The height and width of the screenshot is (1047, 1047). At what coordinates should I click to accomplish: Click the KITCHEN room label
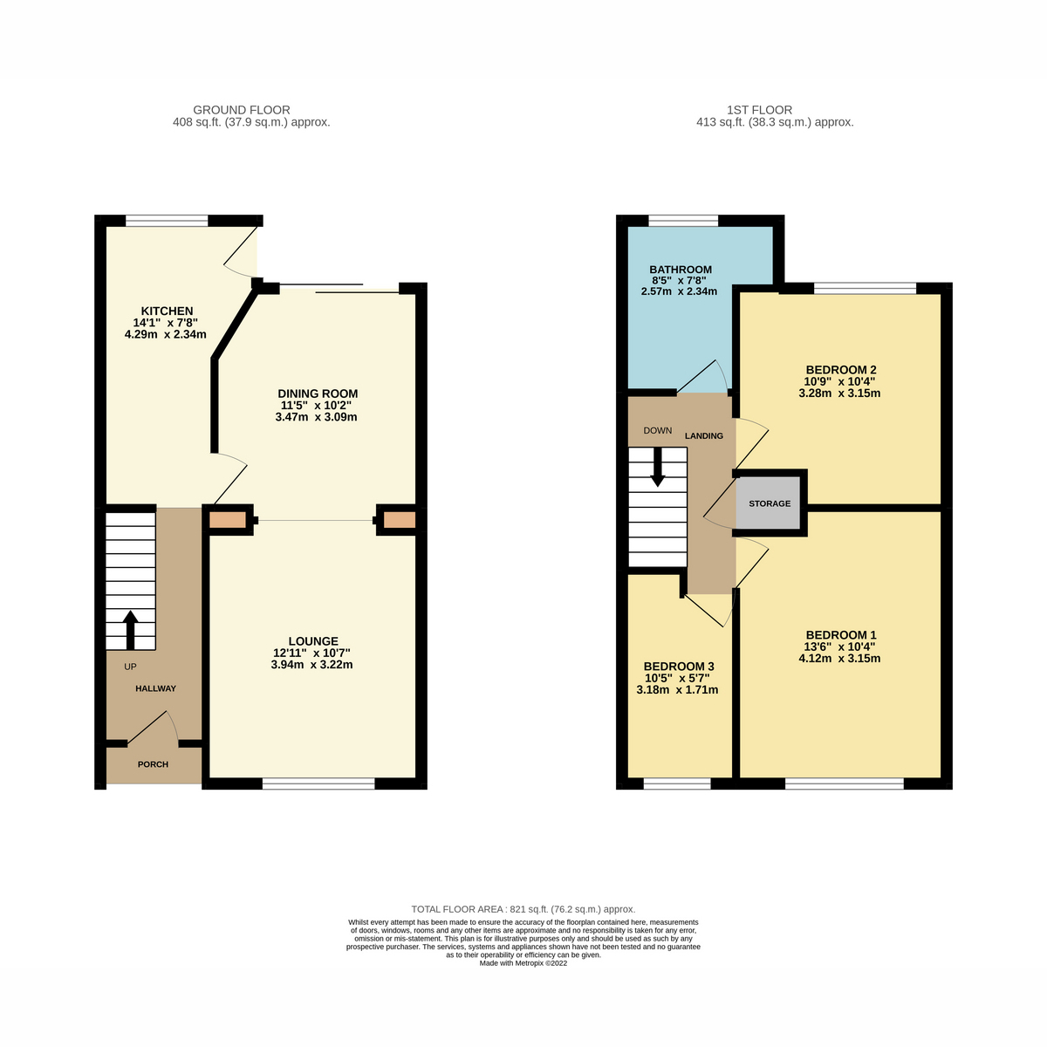[167, 311]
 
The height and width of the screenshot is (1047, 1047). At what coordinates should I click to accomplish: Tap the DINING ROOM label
[318, 393]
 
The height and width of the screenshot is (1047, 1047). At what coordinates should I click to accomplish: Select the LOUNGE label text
[312, 641]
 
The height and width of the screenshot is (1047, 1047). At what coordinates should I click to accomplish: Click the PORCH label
[153, 764]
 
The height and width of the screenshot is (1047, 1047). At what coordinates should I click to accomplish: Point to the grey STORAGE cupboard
[770, 503]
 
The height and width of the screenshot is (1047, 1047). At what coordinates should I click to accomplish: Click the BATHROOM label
[680, 270]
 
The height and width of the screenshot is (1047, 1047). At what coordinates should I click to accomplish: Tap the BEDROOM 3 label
[677, 666]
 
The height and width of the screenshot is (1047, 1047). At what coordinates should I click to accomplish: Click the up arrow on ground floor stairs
[131, 628]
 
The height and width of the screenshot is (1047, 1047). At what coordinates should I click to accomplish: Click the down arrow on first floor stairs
[657, 468]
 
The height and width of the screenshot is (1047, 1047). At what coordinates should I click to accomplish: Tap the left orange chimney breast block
[228, 520]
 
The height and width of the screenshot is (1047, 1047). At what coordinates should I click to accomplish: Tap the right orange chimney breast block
[400, 520]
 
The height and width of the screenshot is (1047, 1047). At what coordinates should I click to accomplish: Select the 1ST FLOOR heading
[759, 110]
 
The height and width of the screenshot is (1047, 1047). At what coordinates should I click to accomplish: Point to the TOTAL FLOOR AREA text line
[523, 909]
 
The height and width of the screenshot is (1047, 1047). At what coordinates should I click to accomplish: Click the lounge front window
[318, 784]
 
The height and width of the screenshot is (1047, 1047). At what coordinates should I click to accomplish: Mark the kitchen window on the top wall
[167, 220]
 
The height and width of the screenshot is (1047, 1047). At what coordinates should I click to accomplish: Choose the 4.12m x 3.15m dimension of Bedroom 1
[839, 659]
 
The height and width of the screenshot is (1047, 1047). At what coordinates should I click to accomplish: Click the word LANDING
[703, 435]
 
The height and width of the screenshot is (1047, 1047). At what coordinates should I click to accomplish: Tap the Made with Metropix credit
[523, 963]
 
